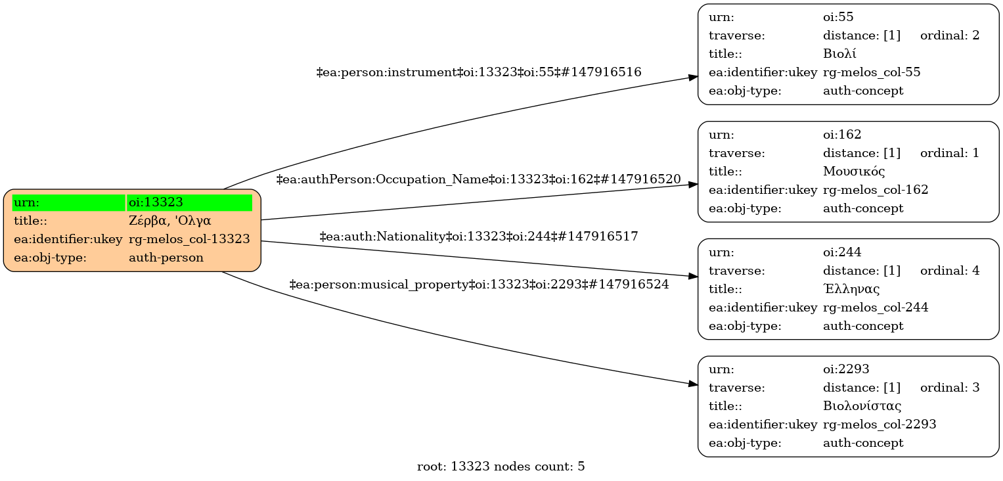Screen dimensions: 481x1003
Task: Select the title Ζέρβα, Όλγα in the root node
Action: (169, 221)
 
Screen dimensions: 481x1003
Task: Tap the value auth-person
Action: (166, 258)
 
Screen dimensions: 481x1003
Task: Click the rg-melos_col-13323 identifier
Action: (189, 239)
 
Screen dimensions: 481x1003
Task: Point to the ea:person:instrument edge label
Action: (479, 72)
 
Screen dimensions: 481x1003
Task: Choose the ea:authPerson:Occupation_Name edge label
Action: (479, 179)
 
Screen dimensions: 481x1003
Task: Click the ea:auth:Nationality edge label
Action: (479, 236)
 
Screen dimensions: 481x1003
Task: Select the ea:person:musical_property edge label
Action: (479, 285)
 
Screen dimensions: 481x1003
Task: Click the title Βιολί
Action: (839, 54)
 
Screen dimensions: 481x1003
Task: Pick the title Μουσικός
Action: (854, 172)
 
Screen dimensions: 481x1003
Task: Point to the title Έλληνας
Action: (851, 289)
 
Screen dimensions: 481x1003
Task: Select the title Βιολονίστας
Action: (862, 406)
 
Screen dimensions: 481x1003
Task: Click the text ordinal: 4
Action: (950, 271)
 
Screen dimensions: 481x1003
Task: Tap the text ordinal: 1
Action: (950, 153)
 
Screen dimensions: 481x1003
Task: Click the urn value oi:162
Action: (842, 135)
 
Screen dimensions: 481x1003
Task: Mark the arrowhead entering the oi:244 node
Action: (693, 276)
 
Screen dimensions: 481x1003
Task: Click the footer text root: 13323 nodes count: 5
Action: (501, 467)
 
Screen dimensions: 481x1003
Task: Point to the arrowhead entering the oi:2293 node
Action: (693, 384)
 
